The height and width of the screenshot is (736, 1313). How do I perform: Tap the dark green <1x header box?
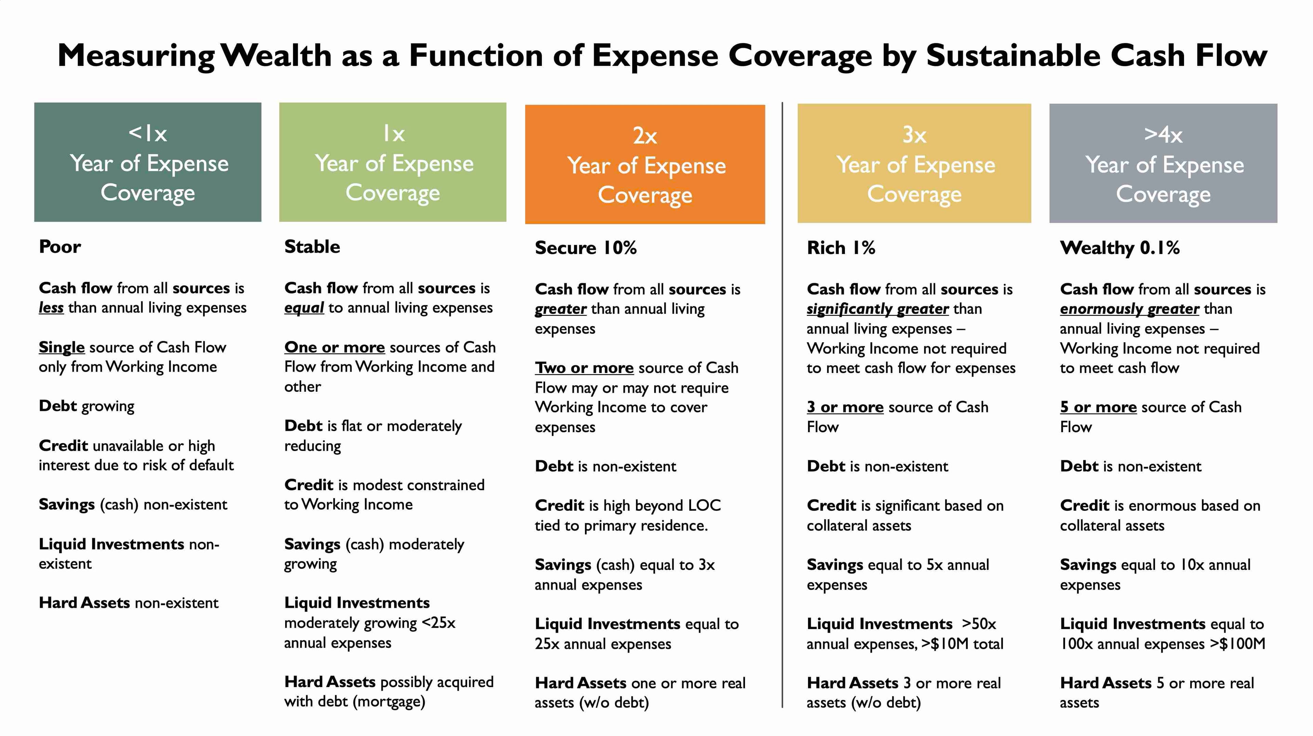click(x=148, y=162)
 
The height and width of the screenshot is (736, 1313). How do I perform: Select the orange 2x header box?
click(x=645, y=164)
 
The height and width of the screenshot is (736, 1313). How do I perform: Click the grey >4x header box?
click(x=1163, y=163)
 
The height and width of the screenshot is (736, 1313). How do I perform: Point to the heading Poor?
click(x=59, y=247)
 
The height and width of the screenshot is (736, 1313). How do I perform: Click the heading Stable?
click(x=312, y=247)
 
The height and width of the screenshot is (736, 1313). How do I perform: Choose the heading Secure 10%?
click(x=586, y=248)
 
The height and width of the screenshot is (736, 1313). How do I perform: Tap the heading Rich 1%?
click(x=841, y=248)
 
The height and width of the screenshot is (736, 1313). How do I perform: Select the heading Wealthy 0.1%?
click(x=1120, y=248)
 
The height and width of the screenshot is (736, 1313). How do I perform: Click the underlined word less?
click(x=51, y=308)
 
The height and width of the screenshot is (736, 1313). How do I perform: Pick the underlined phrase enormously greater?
click(x=1129, y=309)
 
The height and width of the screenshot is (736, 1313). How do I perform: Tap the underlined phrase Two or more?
click(x=584, y=367)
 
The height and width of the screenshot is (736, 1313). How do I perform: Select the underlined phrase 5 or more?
click(x=1098, y=407)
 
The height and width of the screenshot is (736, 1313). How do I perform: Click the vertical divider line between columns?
click(x=782, y=405)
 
